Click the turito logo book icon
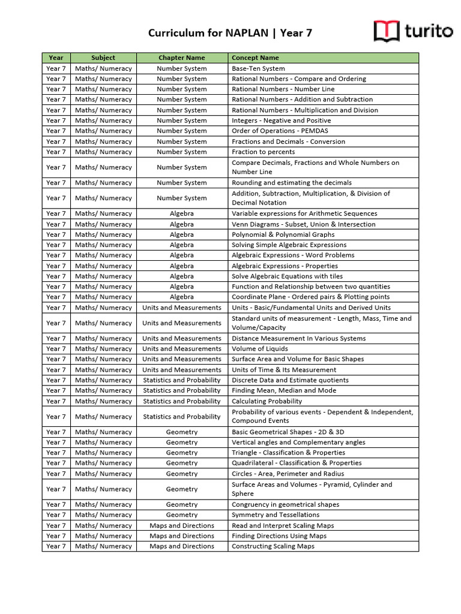(x=387, y=31)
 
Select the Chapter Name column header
(x=181, y=58)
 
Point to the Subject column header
(x=103, y=58)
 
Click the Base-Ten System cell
(x=258, y=68)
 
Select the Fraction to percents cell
(x=263, y=152)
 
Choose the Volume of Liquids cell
(x=260, y=348)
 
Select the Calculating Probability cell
(x=267, y=401)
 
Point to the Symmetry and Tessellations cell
(x=276, y=514)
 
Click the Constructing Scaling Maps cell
(x=273, y=546)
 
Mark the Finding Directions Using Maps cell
(x=279, y=536)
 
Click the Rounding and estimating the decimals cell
(x=292, y=183)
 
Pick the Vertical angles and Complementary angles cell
(x=298, y=443)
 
